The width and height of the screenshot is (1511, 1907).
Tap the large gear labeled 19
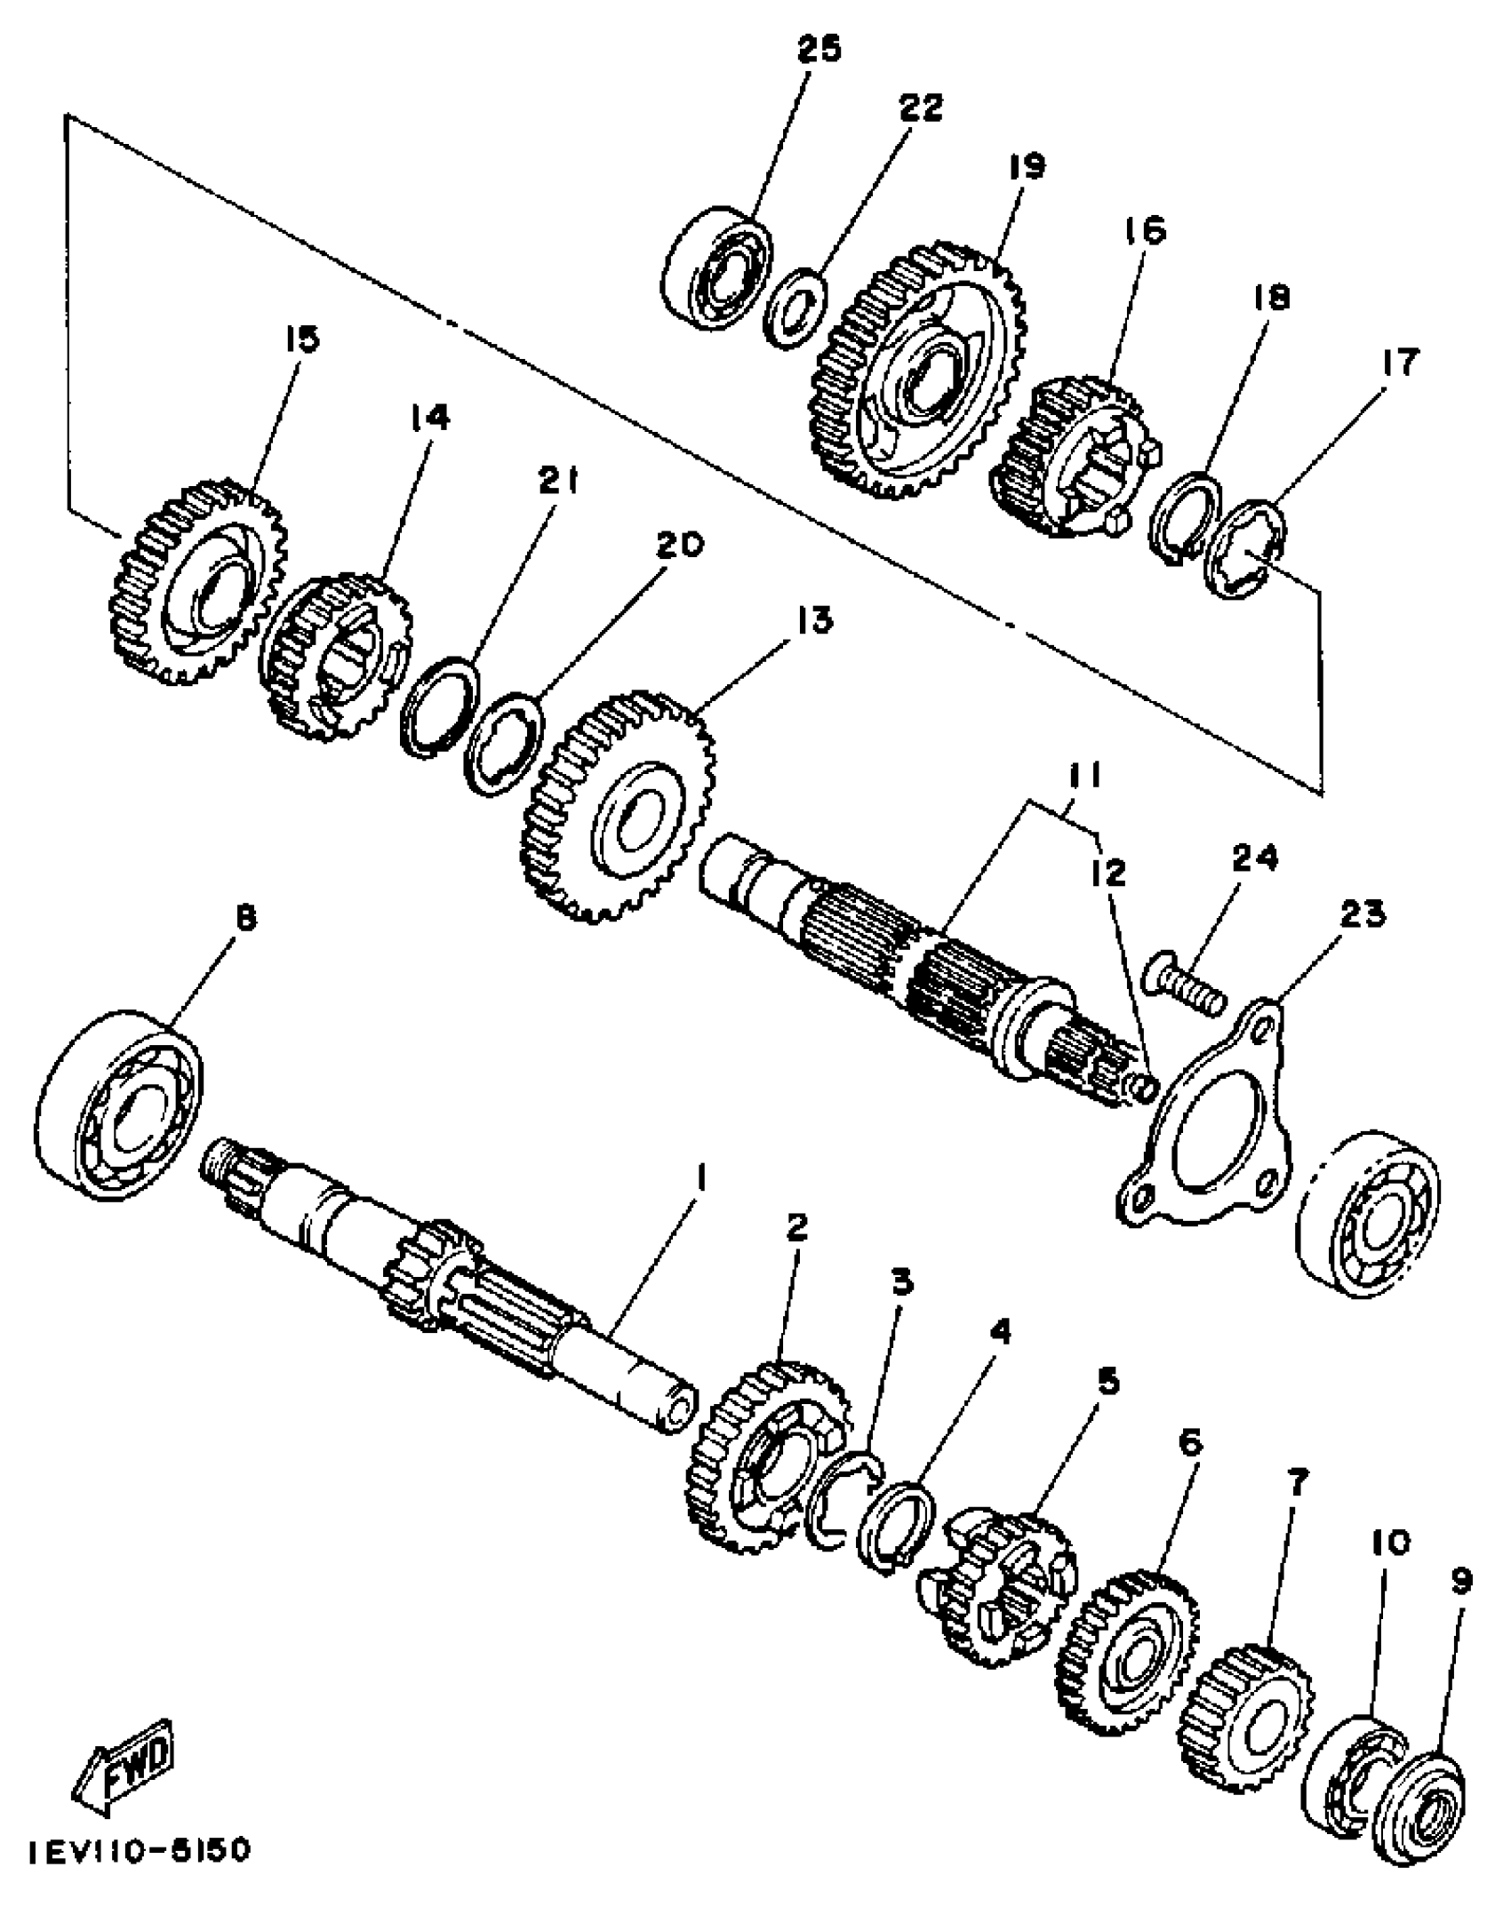point(915,369)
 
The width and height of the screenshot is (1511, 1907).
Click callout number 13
point(815,619)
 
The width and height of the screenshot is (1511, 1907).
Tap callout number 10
point(1391,1543)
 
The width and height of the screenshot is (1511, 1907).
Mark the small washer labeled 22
point(796,307)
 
